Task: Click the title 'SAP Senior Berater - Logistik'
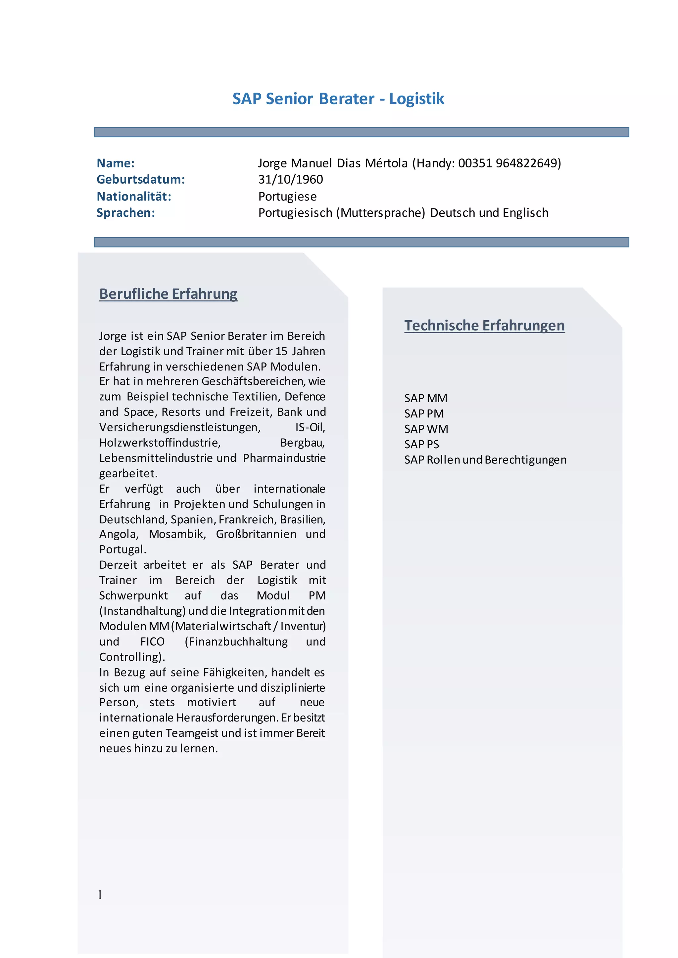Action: (338, 99)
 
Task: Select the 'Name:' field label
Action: (116, 163)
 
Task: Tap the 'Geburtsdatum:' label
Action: (141, 179)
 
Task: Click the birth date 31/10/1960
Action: (291, 179)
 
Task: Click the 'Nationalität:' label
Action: (134, 196)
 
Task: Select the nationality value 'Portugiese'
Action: (287, 196)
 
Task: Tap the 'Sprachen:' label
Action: (126, 213)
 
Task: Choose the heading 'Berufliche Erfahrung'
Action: (168, 294)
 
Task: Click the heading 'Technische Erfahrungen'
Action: (484, 326)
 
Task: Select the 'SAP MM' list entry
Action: (425, 398)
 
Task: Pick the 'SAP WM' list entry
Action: (426, 429)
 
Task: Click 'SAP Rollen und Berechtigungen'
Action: (485, 460)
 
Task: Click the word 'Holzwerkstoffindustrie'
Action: (160, 443)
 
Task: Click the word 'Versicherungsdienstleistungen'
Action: (179, 427)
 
